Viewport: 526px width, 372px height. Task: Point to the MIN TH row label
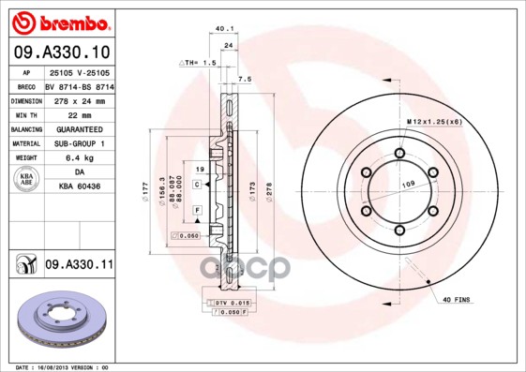coord(26,113)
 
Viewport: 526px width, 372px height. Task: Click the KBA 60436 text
coord(79,186)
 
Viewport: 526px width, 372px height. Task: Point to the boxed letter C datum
coord(197,185)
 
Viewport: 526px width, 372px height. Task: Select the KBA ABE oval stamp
coord(26,179)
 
